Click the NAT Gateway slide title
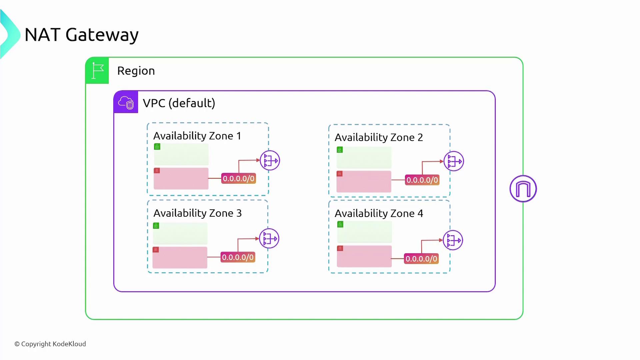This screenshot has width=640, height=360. tap(81, 35)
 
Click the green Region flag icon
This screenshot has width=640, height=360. tap(97, 71)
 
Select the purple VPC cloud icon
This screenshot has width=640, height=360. tap(126, 102)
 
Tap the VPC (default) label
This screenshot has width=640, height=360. tap(179, 103)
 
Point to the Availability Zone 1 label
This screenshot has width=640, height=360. tap(197, 136)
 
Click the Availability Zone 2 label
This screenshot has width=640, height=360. tap(379, 137)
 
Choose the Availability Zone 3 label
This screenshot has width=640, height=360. tap(197, 213)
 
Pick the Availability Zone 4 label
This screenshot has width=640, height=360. tap(379, 214)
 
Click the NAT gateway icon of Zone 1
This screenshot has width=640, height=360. tap(270, 161)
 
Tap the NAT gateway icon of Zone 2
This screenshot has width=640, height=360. tap(454, 161)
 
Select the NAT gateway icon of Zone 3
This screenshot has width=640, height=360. tap(269, 239)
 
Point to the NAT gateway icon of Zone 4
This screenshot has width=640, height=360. tap(453, 240)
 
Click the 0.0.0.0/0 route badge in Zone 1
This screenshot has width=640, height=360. tap(239, 179)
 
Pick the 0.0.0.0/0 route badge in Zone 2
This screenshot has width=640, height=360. tap(422, 180)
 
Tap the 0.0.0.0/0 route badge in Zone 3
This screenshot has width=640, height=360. tap(238, 257)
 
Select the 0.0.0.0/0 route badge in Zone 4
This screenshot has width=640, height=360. tap(421, 259)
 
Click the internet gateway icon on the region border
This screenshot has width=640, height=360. tap(523, 189)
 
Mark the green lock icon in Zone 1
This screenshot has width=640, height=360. tap(157, 147)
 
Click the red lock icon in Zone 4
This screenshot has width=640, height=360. tap(340, 248)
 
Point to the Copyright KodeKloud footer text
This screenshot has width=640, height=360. tap(50, 344)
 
